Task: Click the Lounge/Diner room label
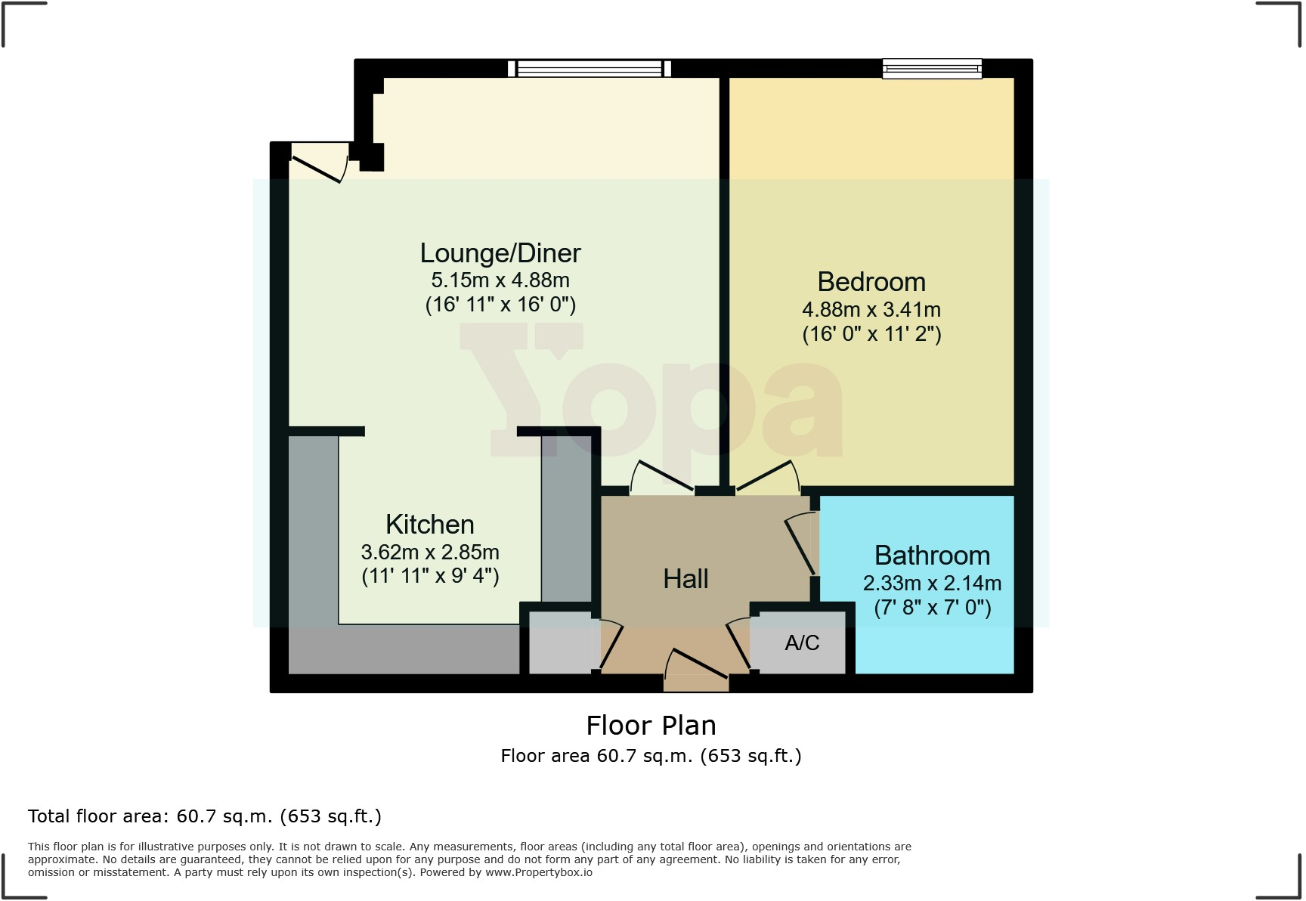(x=500, y=253)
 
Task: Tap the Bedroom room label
(x=871, y=282)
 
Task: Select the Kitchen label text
(x=430, y=525)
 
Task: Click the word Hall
(x=685, y=579)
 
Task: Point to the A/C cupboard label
(x=802, y=642)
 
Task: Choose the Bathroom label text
(x=932, y=556)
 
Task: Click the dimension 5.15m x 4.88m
(x=500, y=280)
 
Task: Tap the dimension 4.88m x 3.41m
(x=871, y=310)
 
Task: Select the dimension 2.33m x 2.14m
(x=932, y=584)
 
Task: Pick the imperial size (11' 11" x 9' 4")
(x=430, y=577)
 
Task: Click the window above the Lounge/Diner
(x=589, y=69)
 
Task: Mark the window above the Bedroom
(x=932, y=69)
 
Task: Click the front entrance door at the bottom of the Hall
(x=696, y=665)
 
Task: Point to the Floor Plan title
(x=651, y=726)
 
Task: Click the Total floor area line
(x=204, y=816)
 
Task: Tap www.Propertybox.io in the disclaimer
(x=538, y=872)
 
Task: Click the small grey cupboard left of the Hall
(x=559, y=642)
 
